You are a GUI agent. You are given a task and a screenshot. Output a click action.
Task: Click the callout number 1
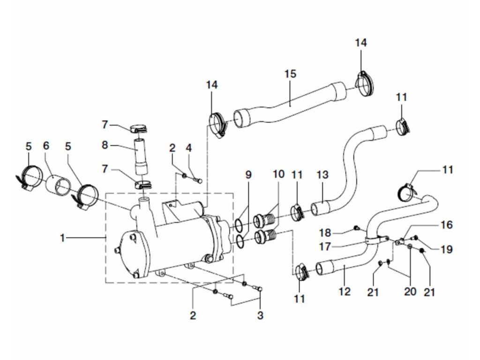point(62,238)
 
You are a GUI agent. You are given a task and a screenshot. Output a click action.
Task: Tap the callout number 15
point(290,74)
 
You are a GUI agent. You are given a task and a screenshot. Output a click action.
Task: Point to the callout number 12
point(345,292)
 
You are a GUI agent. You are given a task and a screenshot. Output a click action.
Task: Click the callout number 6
point(46,146)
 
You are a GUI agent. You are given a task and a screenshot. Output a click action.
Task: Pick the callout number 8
point(105,145)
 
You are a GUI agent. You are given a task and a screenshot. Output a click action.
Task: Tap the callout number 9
point(248,175)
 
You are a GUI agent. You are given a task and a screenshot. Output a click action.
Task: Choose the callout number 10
point(278,174)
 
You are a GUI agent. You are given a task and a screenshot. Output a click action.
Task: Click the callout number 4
point(188,148)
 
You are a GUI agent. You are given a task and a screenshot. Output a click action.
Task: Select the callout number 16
point(447,225)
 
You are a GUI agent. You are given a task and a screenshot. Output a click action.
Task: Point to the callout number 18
point(339,232)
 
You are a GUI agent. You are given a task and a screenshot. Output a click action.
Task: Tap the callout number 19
point(447,249)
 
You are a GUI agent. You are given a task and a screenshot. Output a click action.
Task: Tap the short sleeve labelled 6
point(57,185)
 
